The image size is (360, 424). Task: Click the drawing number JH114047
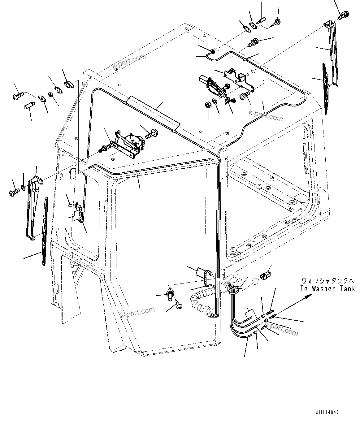click(327, 413)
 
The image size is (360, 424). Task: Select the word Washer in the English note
click(324, 289)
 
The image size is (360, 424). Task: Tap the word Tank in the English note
click(347, 289)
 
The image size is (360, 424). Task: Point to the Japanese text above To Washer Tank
click(328, 281)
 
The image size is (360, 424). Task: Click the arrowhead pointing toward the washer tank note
click(308, 296)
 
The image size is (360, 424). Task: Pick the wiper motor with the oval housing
click(214, 87)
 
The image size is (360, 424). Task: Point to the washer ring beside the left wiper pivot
click(23, 187)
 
